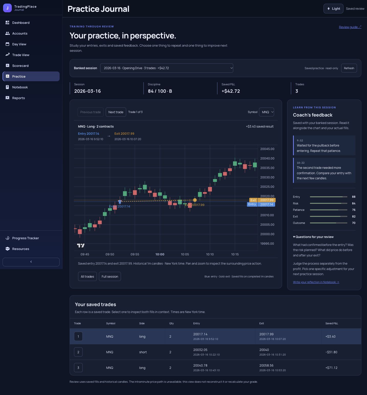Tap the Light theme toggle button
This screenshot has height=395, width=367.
pyautogui.click(x=333, y=9)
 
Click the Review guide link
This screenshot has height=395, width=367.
pyautogui.click(x=350, y=27)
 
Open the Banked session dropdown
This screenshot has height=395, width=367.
pyautogui.click(x=167, y=68)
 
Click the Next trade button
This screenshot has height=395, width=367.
pyautogui.click(x=116, y=112)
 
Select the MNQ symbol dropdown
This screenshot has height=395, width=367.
pyautogui.click(x=266, y=112)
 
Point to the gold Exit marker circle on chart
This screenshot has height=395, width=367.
pyautogui.click(x=195, y=200)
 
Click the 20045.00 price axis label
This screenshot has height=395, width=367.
pyautogui.click(x=267, y=149)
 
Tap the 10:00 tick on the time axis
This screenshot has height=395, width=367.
pyautogui.click(x=160, y=254)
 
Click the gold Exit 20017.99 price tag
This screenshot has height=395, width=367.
pyautogui.click(x=262, y=200)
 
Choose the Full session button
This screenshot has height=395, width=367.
pyautogui.click(x=110, y=277)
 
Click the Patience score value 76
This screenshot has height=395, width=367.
pyautogui.click(x=354, y=210)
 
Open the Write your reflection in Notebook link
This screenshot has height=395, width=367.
pyautogui.click(x=316, y=282)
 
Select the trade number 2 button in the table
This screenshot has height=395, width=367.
pyautogui.click(x=78, y=352)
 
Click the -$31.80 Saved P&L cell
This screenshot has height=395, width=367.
pyautogui.click(x=331, y=352)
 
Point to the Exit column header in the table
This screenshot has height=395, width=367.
pyautogui.click(x=262, y=324)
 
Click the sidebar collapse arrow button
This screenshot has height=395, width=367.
pyautogui.click(x=31, y=262)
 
